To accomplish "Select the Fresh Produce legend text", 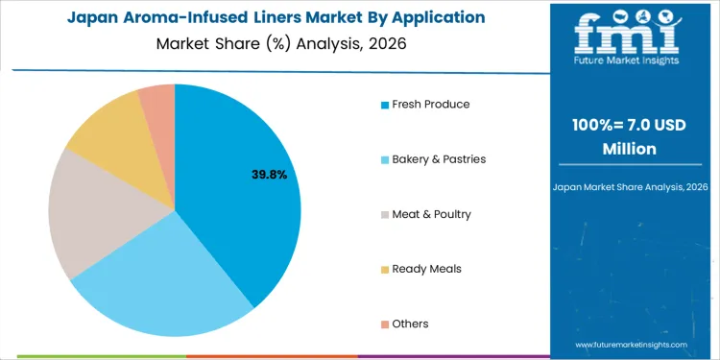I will pyautogui.click(x=431, y=104).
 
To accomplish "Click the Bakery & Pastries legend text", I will pyautogui.click(x=439, y=158).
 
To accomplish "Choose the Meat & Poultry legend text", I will pyautogui.click(x=431, y=213).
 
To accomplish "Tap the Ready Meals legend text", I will pyautogui.click(x=426, y=269).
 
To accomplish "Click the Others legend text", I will pyautogui.click(x=410, y=324).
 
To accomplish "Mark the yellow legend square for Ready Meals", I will pyautogui.click(x=385, y=270).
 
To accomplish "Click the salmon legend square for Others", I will pyautogui.click(x=385, y=324).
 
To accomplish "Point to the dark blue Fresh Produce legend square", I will pyautogui.click(x=385, y=105).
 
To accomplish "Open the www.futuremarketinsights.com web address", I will pyautogui.click(x=632, y=344).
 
